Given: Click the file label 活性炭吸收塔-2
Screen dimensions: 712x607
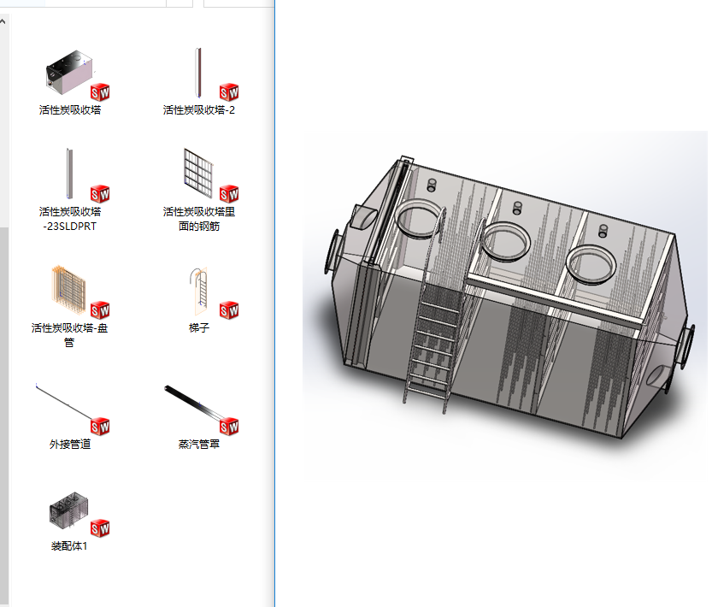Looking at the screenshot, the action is click(199, 110).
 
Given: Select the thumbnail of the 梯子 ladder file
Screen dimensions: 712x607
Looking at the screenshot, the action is click(199, 292).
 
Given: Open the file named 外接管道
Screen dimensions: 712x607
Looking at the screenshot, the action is click(70, 444).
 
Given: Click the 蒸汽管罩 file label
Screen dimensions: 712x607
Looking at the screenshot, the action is click(199, 444).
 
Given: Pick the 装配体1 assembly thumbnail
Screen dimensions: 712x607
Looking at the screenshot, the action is click(68, 510).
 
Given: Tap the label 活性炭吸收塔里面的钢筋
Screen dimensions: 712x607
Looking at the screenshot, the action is click(199, 219).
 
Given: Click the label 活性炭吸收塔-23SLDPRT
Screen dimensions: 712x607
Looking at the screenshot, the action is click(70, 219).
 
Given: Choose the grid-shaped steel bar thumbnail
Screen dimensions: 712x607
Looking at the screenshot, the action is click(198, 173).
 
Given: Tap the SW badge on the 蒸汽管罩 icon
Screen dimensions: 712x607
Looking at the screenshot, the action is click(229, 426).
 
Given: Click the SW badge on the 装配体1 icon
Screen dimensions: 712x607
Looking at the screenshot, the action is click(100, 528).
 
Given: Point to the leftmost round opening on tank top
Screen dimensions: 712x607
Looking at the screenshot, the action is click(420, 219).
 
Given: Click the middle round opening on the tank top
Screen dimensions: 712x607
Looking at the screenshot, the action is click(505, 241).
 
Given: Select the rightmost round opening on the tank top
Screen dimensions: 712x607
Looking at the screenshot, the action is click(591, 264).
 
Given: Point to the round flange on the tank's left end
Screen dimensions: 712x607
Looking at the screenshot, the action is click(332, 252).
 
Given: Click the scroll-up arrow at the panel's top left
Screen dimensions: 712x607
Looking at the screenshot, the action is click(3, 21).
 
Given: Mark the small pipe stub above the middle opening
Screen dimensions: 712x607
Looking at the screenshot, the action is click(517, 209).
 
